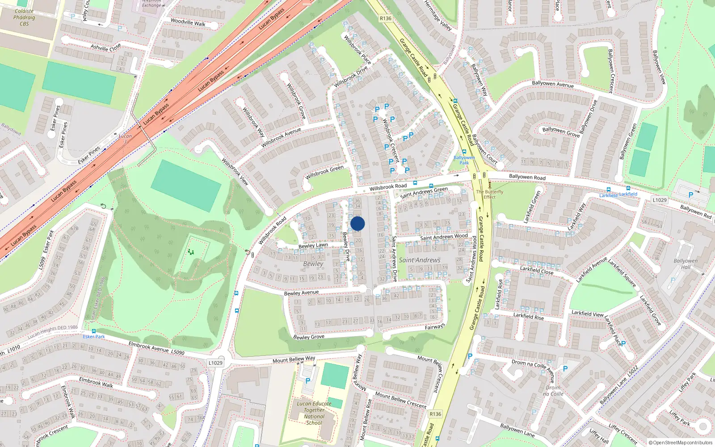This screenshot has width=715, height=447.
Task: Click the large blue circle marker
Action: click(357, 223)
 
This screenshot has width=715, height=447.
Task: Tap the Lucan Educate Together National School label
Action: click(314, 413)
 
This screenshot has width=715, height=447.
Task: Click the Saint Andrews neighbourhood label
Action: click(420, 260)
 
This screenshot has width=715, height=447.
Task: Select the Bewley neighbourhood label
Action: click(313, 264)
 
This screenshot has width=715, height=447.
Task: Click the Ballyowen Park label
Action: click(464, 160)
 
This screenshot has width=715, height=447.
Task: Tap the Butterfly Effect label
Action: click(490, 194)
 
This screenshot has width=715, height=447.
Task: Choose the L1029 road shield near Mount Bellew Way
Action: click(215, 363)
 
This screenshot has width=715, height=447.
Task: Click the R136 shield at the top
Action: click(385, 19)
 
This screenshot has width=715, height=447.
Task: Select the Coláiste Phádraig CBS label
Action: click(24, 17)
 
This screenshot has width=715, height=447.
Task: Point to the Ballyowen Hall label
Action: click(686, 264)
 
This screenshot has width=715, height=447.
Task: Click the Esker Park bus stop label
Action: click(94, 337)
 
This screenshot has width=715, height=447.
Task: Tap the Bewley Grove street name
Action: click(309, 337)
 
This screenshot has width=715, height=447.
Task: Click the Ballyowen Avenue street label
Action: click(553, 84)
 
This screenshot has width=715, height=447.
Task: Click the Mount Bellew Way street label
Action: click(294, 359)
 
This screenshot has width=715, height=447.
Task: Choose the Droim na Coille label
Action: click(553, 391)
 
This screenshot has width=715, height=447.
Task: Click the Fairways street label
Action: click(435, 327)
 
